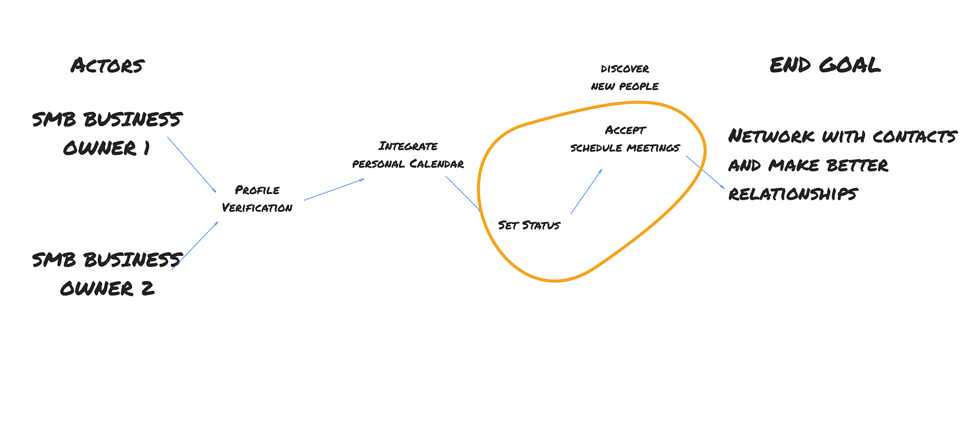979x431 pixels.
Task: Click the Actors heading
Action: tap(107, 66)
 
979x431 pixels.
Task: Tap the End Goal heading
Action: tap(825, 65)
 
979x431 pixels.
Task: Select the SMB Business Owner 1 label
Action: tap(107, 133)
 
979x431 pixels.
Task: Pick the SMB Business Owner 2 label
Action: tap(107, 274)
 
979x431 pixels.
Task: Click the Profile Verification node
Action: tap(257, 199)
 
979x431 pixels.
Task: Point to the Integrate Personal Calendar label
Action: tap(408, 155)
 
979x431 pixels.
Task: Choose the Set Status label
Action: tap(529, 225)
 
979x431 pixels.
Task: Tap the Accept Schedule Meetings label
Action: tap(625, 139)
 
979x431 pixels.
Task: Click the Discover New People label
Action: tap(625, 77)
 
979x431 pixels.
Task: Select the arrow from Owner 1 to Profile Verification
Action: tap(192, 164)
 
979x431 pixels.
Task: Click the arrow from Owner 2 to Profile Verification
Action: tap(195, 245)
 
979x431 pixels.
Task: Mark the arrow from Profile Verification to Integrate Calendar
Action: tap(333, 189)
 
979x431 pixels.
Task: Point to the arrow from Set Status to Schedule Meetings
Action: tap(586, 192)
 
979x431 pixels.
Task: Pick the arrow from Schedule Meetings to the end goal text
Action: tap(705, 172)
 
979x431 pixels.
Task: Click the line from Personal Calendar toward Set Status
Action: tap(463, 193)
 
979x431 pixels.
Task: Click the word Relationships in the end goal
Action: tap(793, 194)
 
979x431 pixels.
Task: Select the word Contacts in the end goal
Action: tap(914, 136)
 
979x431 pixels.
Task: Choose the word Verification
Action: tap(257, 208)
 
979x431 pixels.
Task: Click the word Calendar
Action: tap(436, 164)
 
